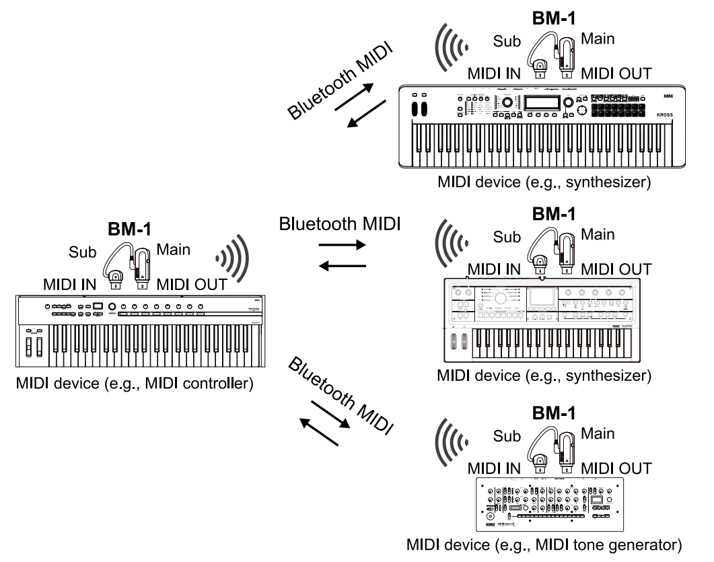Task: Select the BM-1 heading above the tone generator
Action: [554, 412]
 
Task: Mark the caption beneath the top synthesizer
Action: [543, 184]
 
